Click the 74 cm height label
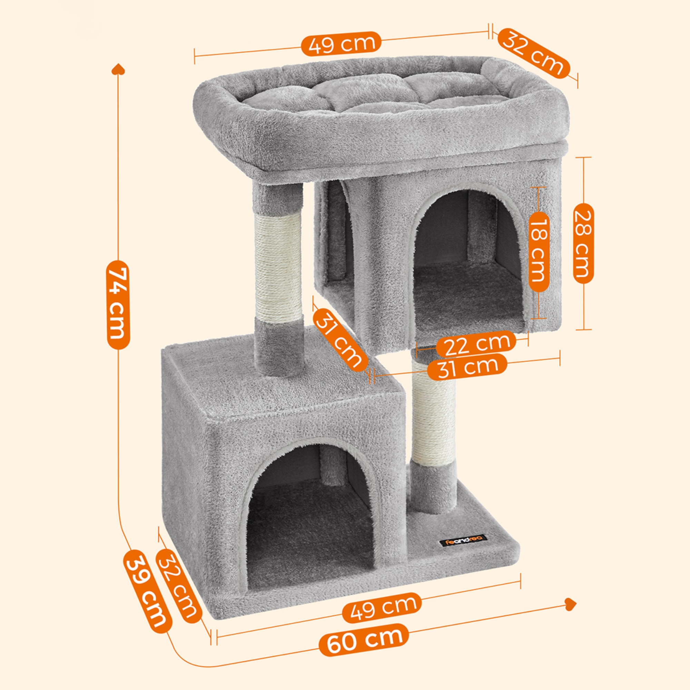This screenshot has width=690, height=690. pos(118,304)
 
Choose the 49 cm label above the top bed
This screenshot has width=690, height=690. pos(341,44)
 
